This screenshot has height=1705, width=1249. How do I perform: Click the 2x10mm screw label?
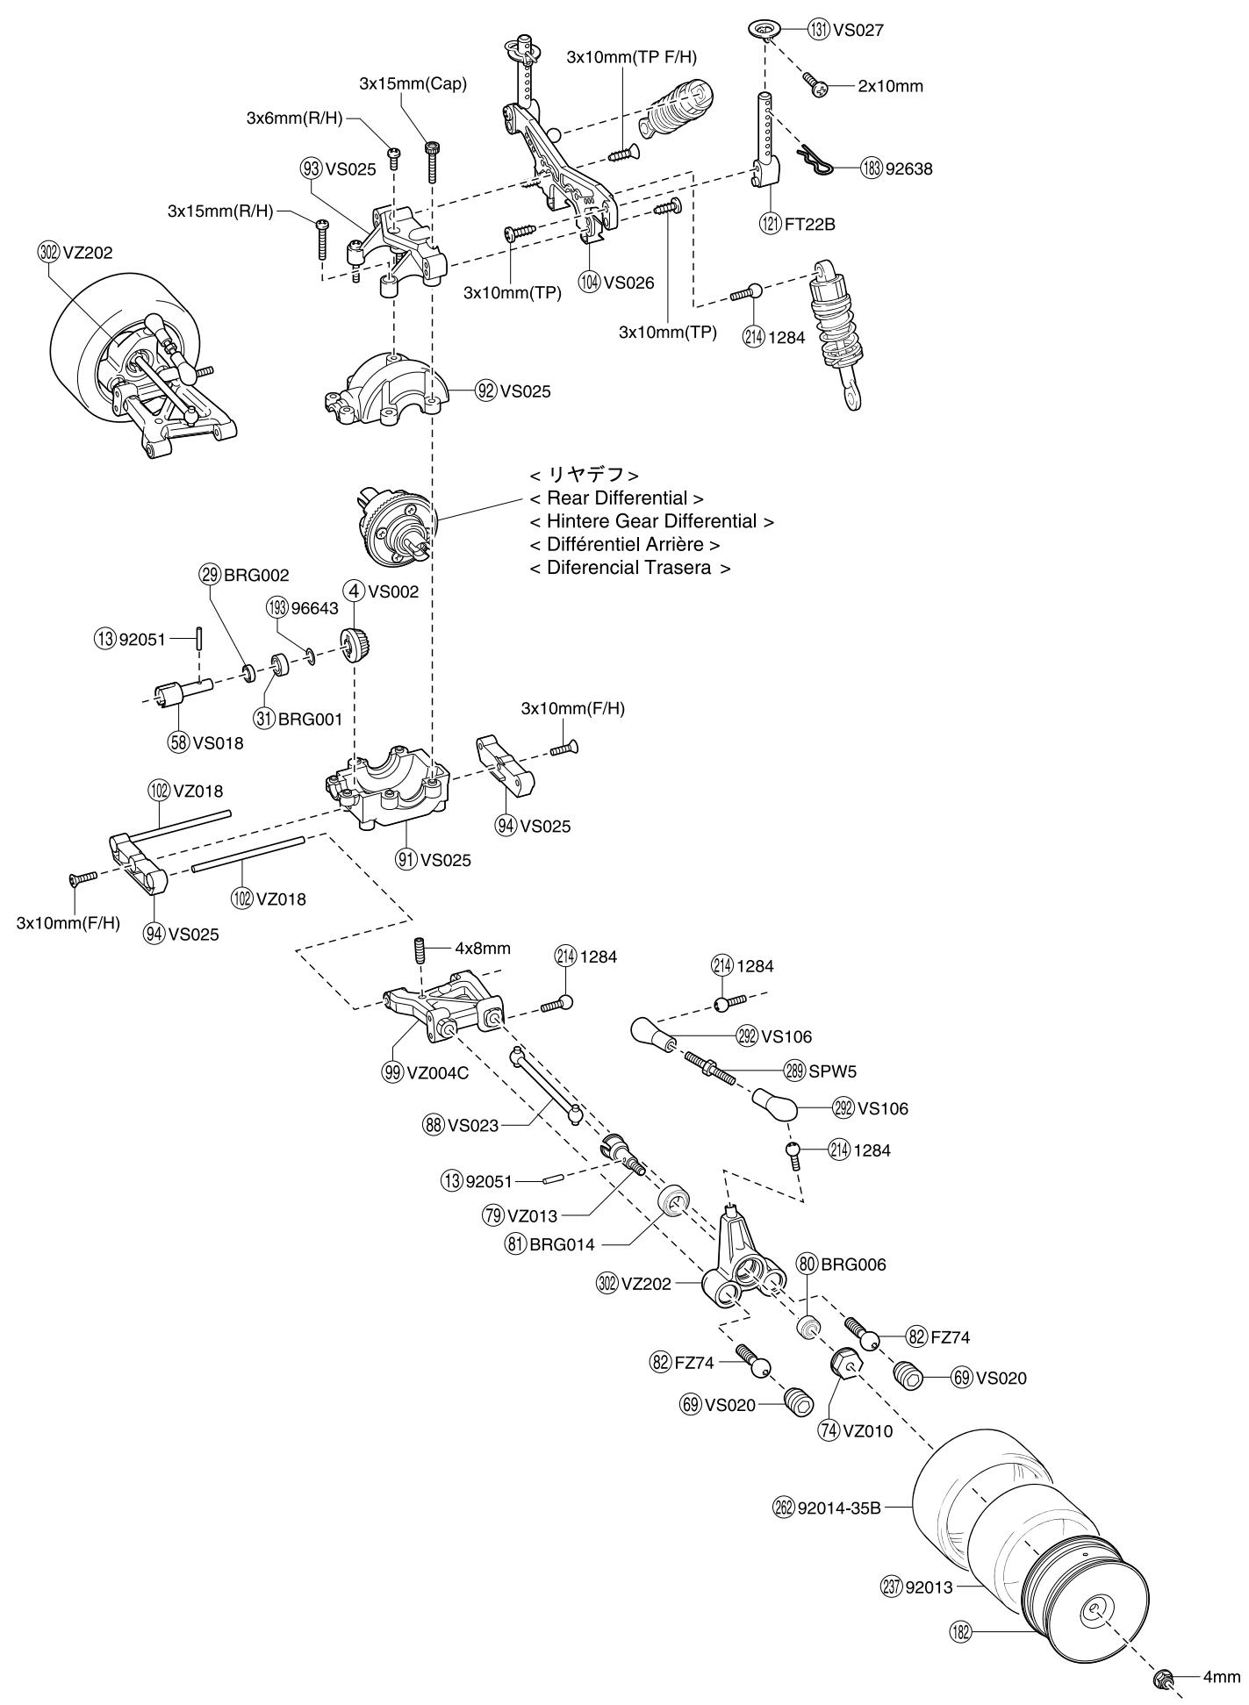click(x=890, y=87)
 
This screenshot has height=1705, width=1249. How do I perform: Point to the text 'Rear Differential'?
click(x=617, y=498)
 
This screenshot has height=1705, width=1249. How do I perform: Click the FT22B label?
click(x=810, y=224)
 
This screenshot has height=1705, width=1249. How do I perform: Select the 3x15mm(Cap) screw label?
click(x=413, y=84)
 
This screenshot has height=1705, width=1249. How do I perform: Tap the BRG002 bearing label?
click(x=256, y=576)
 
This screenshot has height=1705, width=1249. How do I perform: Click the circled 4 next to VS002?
click(x=355, y=591)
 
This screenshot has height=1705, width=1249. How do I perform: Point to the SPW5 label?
click(x=833, y=1071)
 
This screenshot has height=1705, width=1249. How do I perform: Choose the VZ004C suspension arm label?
click(x=439, y=1072)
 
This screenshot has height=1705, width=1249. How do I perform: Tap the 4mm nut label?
click(x=1221, y=1677)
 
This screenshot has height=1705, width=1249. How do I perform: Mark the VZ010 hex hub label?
click(x=867, y=1431)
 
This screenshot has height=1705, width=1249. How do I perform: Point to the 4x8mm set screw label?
click(x=482, y=949)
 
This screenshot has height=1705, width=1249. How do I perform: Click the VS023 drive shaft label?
click(x=473, y=1126)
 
